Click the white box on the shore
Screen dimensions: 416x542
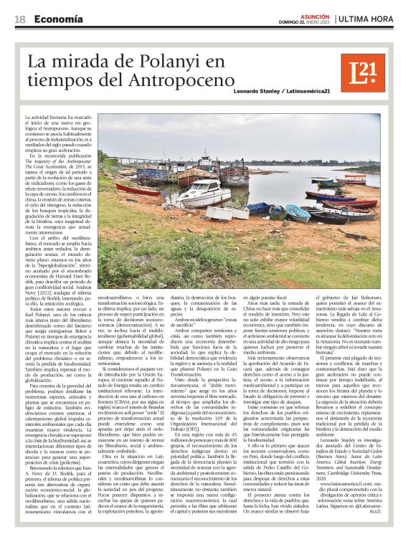tap(222, 213)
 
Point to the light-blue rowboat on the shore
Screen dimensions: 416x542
tap(298, 212)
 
